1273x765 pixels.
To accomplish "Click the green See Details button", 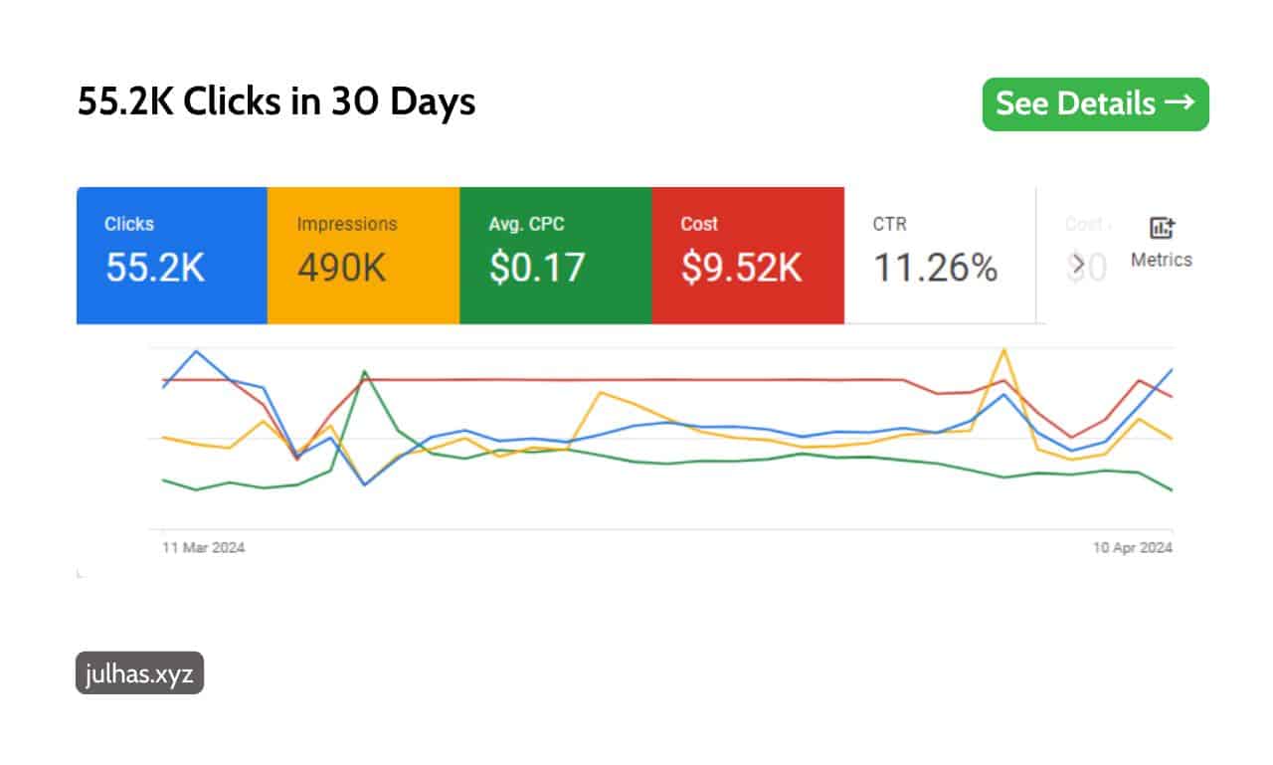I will point(1095,104).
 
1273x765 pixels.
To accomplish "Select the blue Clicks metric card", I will point(171,255).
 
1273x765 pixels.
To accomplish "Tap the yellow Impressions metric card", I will point(363,255).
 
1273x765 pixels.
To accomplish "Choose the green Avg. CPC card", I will point(555,255).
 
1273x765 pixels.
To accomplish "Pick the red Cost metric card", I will point(747,255).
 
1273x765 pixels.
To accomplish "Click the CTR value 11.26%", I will point(935,268).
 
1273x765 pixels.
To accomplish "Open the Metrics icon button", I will point(1161,242).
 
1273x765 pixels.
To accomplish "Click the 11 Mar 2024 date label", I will point(204,548).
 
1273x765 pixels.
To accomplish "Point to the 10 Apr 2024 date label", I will point(1131,548).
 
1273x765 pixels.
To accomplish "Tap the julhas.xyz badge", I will point(139,673).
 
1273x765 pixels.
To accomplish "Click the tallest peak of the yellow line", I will point(1004,350).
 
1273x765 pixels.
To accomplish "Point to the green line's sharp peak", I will point(365,371).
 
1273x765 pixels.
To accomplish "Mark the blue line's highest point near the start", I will point(196,351).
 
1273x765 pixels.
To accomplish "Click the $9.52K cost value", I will point(741,268).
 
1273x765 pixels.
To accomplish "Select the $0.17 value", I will point(537,268).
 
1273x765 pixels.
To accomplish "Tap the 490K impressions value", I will point(341,268).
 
